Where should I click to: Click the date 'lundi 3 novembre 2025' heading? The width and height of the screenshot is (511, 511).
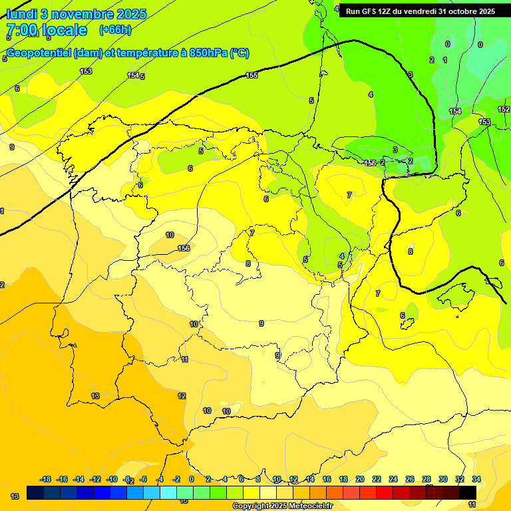click(77, 13)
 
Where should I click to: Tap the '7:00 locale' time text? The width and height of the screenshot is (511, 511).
click(47, 30)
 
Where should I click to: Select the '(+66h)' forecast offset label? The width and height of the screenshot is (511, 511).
click(115, 29)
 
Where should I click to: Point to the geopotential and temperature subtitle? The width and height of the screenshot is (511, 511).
click(127, 53)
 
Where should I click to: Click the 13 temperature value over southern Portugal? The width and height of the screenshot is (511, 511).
click(95, 396)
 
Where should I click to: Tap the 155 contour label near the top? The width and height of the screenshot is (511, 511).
click(252, 75)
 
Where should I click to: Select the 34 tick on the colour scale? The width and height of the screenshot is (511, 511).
click(476, 479)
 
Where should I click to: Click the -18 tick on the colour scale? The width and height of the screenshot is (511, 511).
click(46, 479)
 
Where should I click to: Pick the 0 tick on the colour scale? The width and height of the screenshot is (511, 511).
click(192, 479)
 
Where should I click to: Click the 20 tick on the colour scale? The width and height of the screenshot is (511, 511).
click(360, 479)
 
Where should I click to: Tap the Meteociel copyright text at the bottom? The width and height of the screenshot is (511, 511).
click(282, 506)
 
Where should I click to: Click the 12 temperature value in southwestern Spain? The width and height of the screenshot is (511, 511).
click(182, 396)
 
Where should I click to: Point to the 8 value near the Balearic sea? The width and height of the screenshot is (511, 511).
click(411, 252)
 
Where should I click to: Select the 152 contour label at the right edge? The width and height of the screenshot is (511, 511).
click(504, 109)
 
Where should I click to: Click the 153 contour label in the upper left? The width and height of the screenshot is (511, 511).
click(86, 71)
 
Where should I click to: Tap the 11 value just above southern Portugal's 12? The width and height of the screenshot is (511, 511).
click(184, 359)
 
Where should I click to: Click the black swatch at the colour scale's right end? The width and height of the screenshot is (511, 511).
click(468, 492)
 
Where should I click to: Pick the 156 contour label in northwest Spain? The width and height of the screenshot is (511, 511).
click(184, 248)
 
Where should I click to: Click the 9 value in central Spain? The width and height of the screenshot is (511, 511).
click(261, 323)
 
